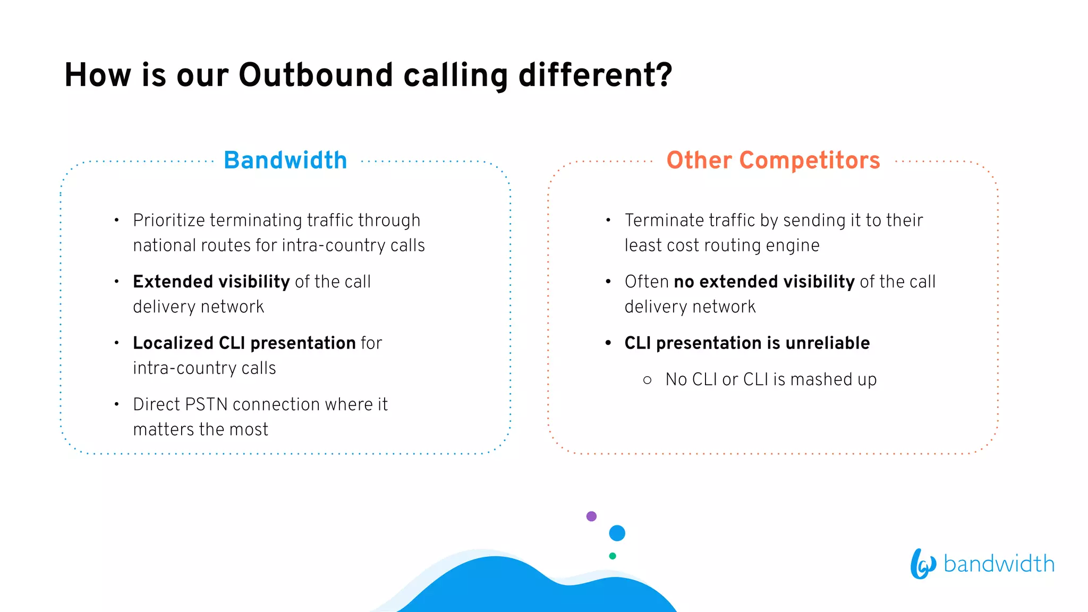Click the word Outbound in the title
(316, 75)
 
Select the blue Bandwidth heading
(285, 160)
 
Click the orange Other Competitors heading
(773, 160)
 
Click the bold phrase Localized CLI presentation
(244, 343)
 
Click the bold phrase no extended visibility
(764, 282)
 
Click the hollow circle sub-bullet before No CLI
(647, 380)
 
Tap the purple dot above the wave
(591, 516)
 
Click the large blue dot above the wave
(617, 533)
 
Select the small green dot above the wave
(613, 556)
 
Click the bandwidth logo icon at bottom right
(922, 564)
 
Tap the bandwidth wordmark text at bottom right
(999, 564)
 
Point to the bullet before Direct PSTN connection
(116, 405)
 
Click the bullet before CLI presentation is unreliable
(608, 343)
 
